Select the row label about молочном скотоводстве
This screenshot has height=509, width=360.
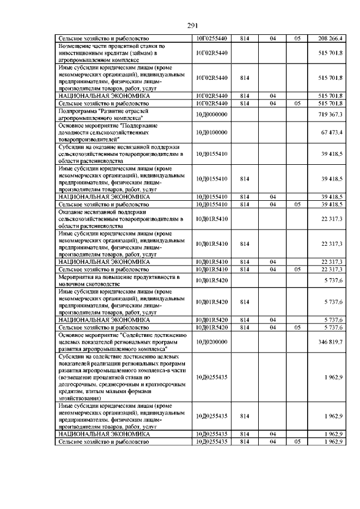pos(119,281)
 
